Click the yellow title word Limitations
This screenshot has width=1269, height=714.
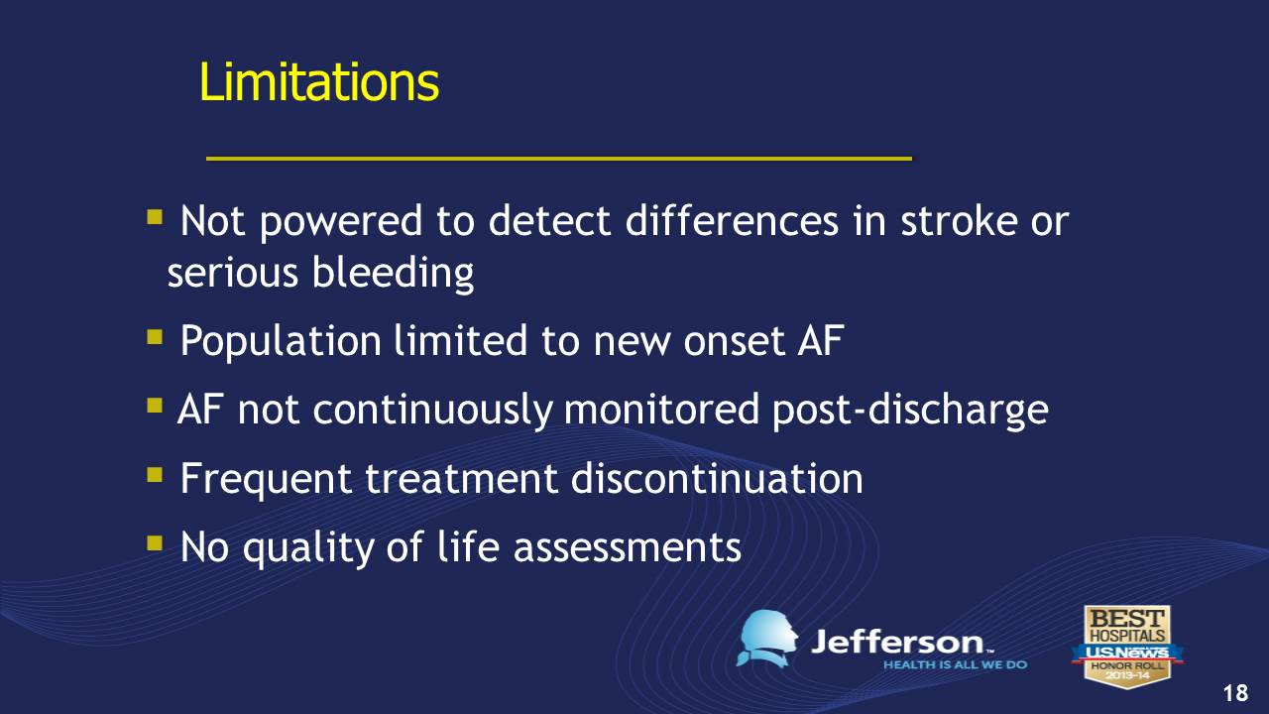coord(319,82)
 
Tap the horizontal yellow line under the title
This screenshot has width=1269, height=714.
coord(559,158)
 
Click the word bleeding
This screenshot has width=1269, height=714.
coord(393,273)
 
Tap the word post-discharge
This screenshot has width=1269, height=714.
coord(910,411)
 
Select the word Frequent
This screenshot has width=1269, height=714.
coord(266,479)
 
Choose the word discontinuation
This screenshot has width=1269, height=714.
coord(717,479)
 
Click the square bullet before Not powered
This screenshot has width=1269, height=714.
coord(154,217)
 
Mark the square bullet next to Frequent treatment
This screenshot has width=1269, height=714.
coord(154,475)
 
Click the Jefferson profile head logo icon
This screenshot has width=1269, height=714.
coord(766,639)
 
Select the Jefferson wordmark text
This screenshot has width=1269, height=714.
coord(901,643)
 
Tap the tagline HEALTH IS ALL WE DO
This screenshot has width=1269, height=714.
coord(955,664)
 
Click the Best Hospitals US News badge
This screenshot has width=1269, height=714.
coord(1127,647)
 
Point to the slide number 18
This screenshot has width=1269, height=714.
coord(1235,693)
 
